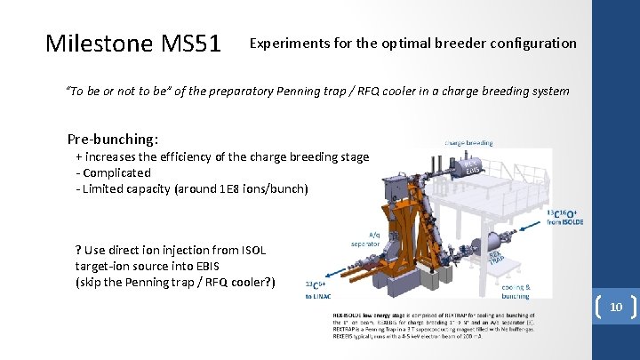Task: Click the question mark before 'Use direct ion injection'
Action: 79,251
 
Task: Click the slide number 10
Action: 615,307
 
